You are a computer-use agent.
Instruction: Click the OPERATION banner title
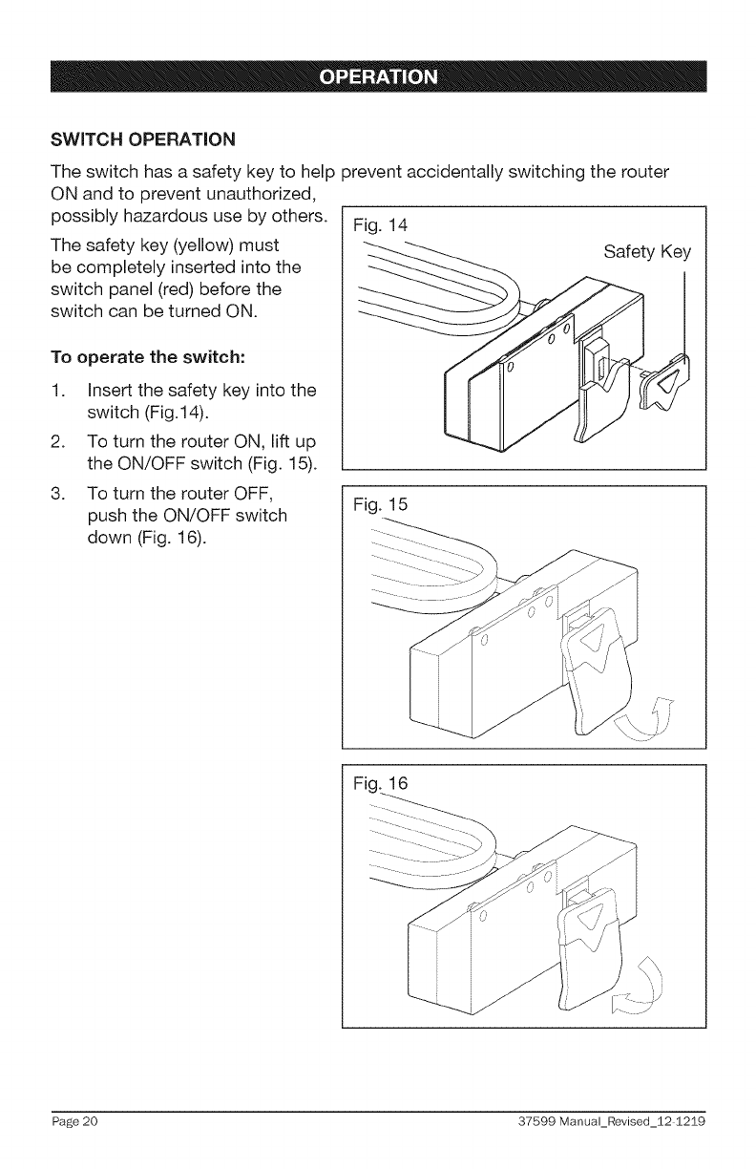[379, 77]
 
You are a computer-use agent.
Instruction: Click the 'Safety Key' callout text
[647, 252]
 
